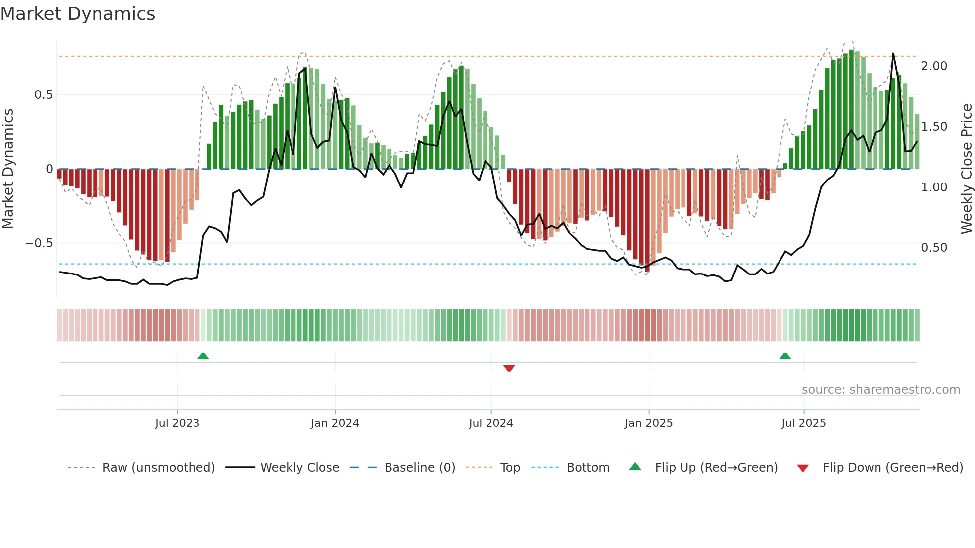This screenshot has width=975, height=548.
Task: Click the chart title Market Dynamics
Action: tap(78, 14)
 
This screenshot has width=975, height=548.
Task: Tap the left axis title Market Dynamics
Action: tap(8, 169)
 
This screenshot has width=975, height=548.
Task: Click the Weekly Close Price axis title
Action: tap(966, 169)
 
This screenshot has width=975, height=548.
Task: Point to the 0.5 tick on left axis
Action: tap(43, 95)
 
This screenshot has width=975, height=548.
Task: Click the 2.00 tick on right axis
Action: tap(934, 66)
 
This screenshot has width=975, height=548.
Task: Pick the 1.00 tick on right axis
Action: tap(934, 187)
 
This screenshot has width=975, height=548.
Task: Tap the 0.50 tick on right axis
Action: tap(934, 248)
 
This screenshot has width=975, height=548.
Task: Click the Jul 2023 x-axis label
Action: tap(177, 423)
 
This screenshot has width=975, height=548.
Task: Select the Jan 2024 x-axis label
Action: tap(335, 423)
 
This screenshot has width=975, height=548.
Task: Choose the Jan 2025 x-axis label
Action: tap(649, 423)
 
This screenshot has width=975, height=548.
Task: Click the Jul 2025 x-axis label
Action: tap(803, 423)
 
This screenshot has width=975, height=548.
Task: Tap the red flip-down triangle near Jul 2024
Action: tap(509, 368)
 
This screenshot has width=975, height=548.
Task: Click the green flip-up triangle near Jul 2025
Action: tap(785, 356)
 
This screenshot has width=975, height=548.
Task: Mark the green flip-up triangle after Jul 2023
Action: tap(203, 356)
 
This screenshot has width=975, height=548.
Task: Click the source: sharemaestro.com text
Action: tap(880, 390)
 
